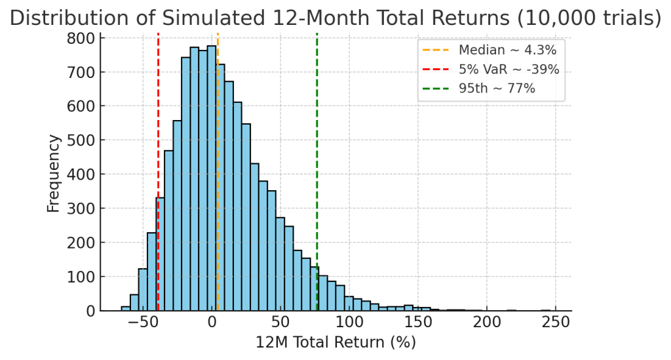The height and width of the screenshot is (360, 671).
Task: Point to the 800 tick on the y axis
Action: [x=81, y=38]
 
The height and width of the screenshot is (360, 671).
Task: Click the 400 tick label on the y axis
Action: [x=81, y=174]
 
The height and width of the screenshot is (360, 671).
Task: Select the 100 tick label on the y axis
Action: [x=81, y=277]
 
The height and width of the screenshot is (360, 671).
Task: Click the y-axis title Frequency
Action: [x=54, y=174]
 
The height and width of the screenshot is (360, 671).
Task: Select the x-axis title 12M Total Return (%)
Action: [x=336, y=342]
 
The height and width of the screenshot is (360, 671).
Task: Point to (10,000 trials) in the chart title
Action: [x=589, y=18]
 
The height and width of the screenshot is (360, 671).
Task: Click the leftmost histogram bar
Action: [x=126, y=308]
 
